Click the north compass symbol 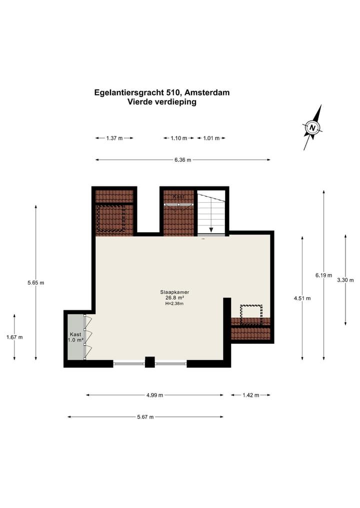(312, 127)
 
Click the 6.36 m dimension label (182, 160)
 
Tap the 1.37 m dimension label (114, 138)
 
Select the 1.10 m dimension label (178, 138)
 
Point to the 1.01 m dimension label (211, 138)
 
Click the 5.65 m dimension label (36, 283)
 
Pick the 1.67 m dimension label (14, 337)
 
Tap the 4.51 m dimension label (302, 298)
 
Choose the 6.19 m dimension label (324, 275)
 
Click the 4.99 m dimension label (155, 395)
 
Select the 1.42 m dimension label (250, 395)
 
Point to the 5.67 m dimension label (145, 417)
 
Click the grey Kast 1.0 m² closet (75, 337)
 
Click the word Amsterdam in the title (207, 92)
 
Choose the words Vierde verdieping (162, 102)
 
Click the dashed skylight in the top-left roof (110, 218)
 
